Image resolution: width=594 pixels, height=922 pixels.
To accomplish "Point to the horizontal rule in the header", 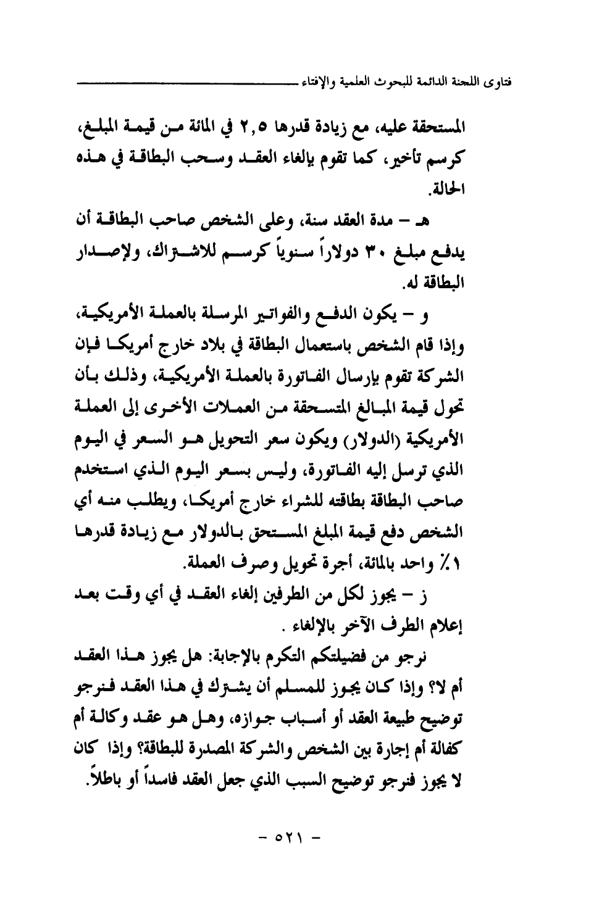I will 185,81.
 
